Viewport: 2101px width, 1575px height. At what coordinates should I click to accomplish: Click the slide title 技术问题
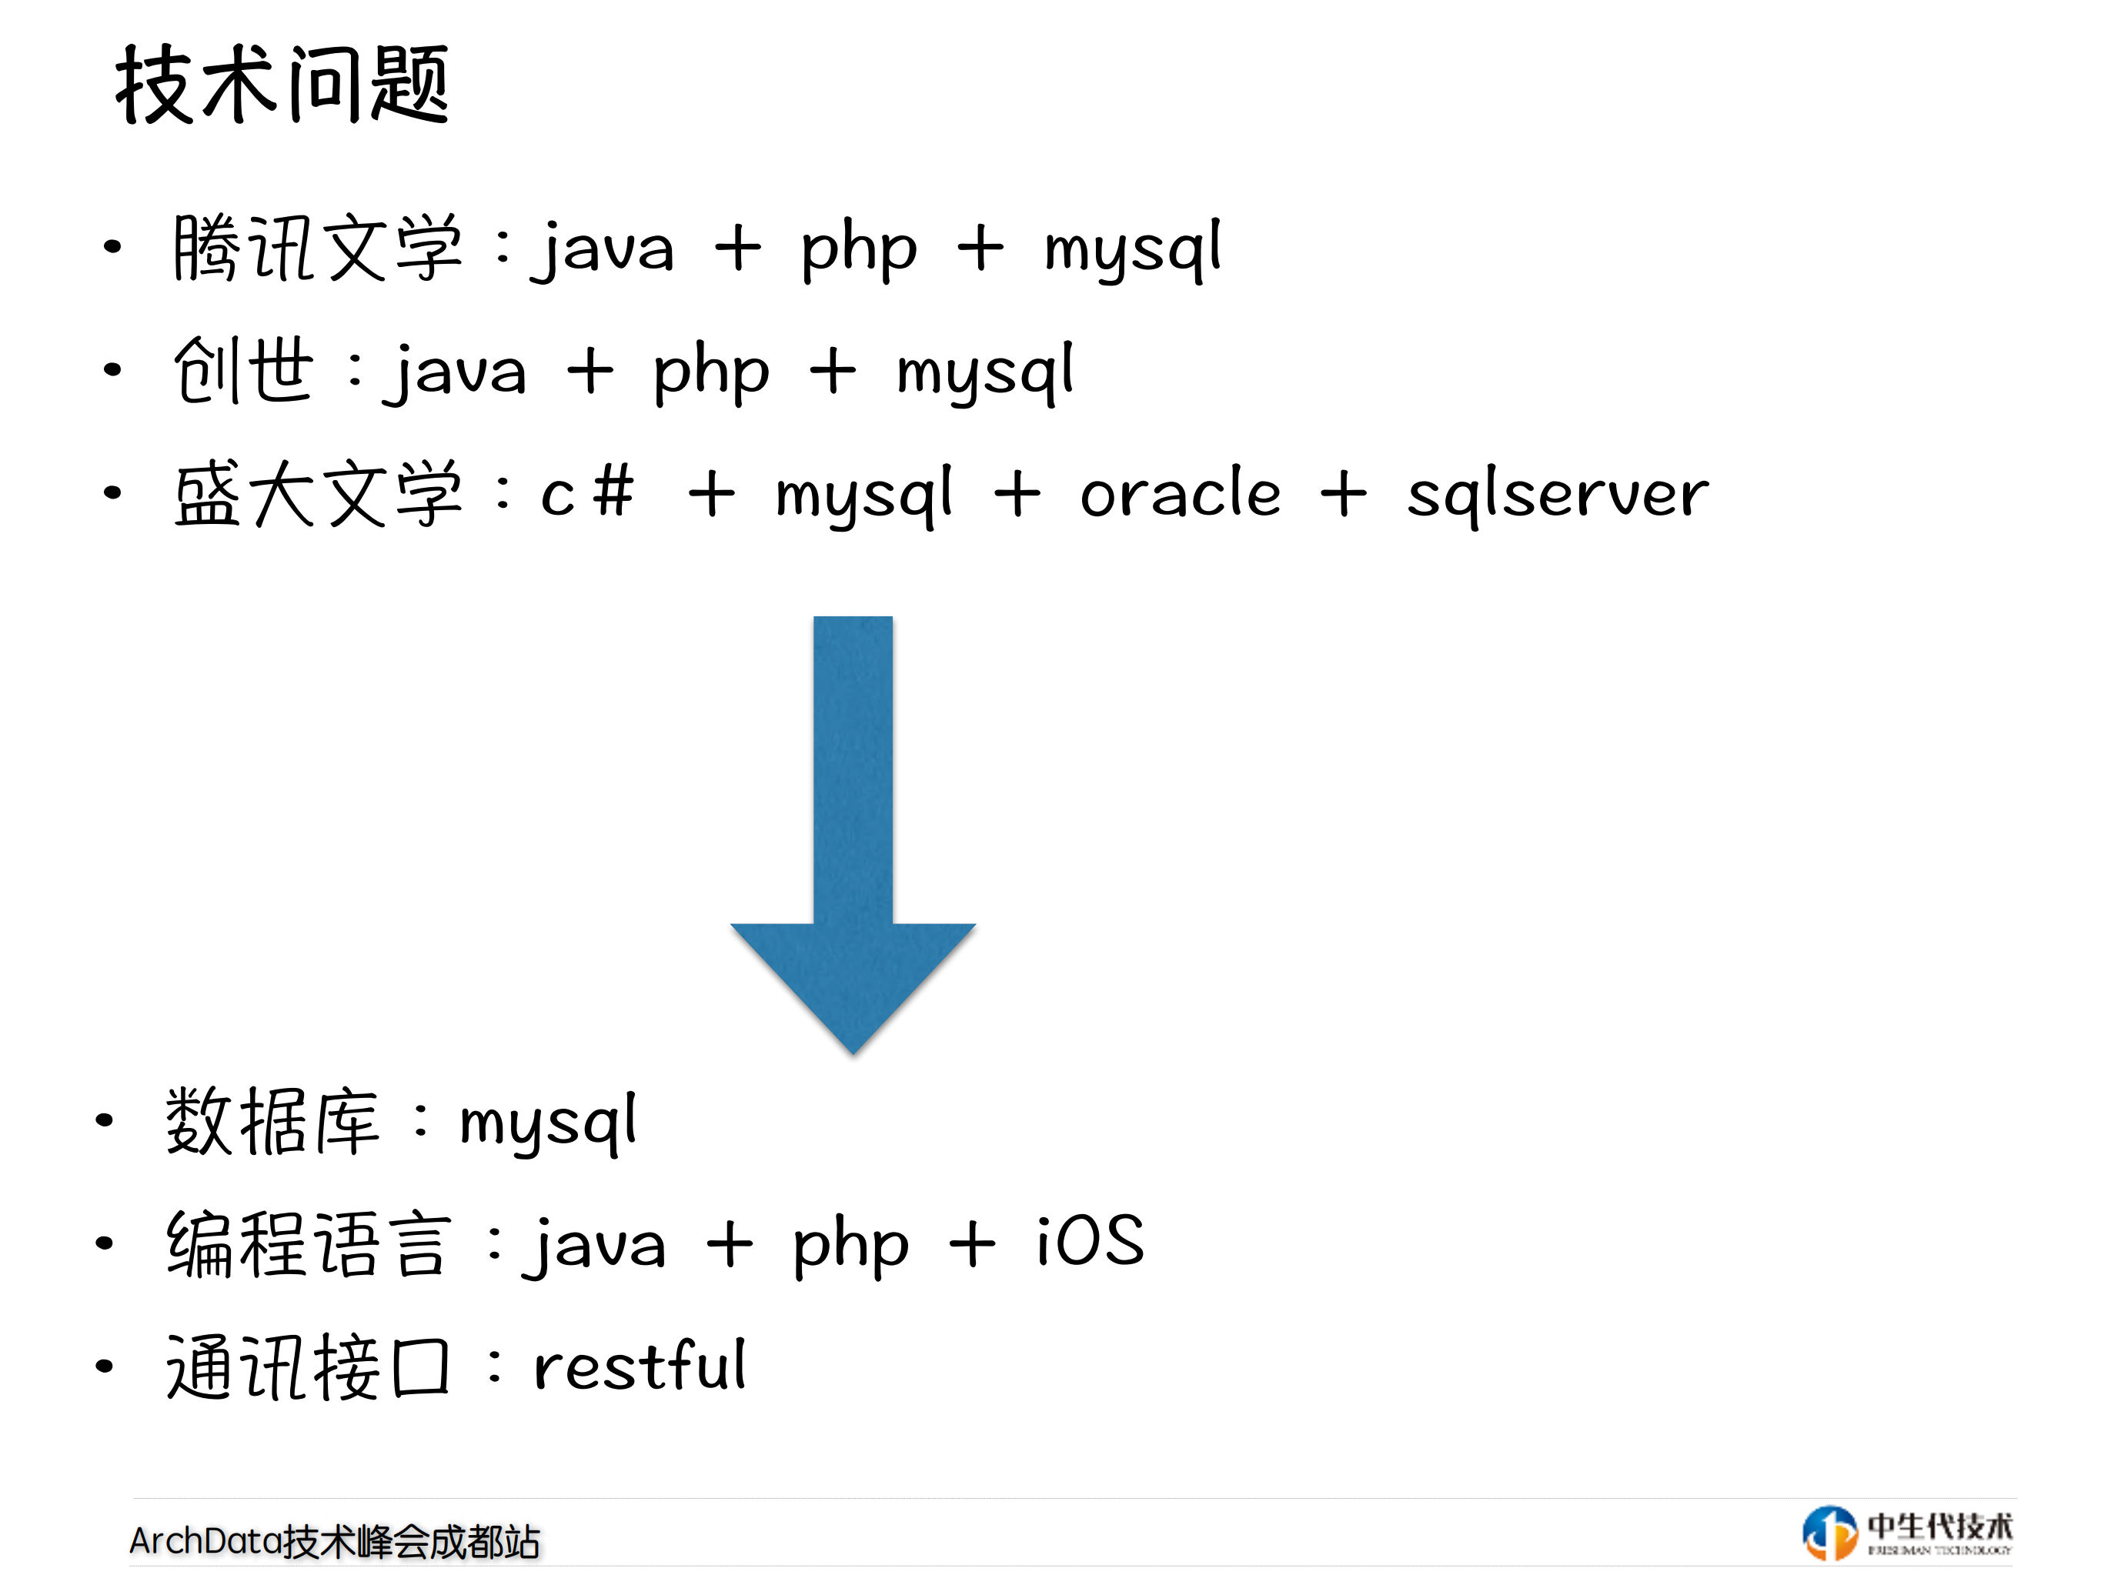pyautogui.click(x=282, y=85)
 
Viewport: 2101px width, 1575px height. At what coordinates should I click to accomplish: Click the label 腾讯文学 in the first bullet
pyautogui.click(x=317, y=249)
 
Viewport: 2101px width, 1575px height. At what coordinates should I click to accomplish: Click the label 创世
pyautogui.click(x=243, y=370)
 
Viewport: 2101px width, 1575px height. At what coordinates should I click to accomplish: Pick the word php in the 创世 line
pyautogui.click(x=711, y=372)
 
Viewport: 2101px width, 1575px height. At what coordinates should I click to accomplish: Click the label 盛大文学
pyautogui.click(x=317, y=494)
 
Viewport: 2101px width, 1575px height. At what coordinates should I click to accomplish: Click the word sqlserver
pyautogui.click(x=1558, y=496)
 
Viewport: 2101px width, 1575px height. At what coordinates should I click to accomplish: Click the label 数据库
pyautogui.click(x=272, y=1122)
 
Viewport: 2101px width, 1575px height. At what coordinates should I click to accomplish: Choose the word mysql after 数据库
pyautogui.click(x=548, y=1124)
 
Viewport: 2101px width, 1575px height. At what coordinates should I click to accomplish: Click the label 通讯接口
pyautogui.click(x=309, y=1367)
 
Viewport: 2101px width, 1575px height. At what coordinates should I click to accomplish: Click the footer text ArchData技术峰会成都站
pyautogui.click(x=334, y=1542)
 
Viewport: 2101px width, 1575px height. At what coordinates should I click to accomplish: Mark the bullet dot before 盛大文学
pyautogui.click(x=113, y=492)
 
